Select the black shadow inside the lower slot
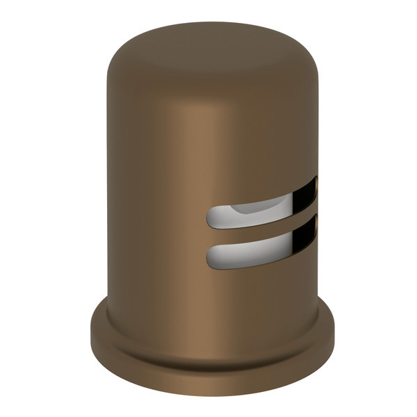coord(306,236)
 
